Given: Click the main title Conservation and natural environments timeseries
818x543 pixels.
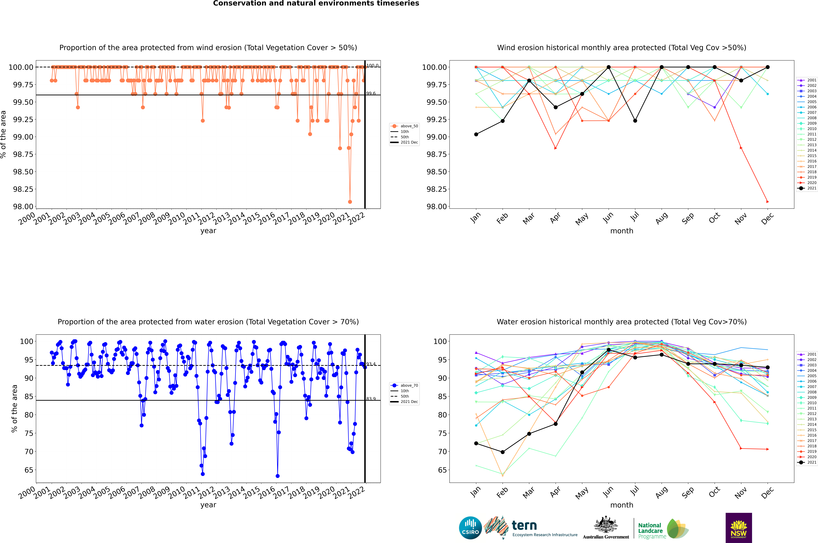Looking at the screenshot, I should coord(316,3).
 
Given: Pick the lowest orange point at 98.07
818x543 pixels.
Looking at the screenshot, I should coord(350,202).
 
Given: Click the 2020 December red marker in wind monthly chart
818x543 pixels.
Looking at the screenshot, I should coord(767,202).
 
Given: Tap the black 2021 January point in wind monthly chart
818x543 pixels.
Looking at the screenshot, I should coord(476,134).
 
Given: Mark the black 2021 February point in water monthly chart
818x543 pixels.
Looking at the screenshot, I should coord(502,452).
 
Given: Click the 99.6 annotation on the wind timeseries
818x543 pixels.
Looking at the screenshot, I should coord(371,94).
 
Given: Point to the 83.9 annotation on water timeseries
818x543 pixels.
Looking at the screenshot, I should coord(371,399).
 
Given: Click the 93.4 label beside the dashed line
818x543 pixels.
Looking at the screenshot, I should coord(371,364).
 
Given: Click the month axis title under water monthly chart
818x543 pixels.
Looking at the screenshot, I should coord(621,505).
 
